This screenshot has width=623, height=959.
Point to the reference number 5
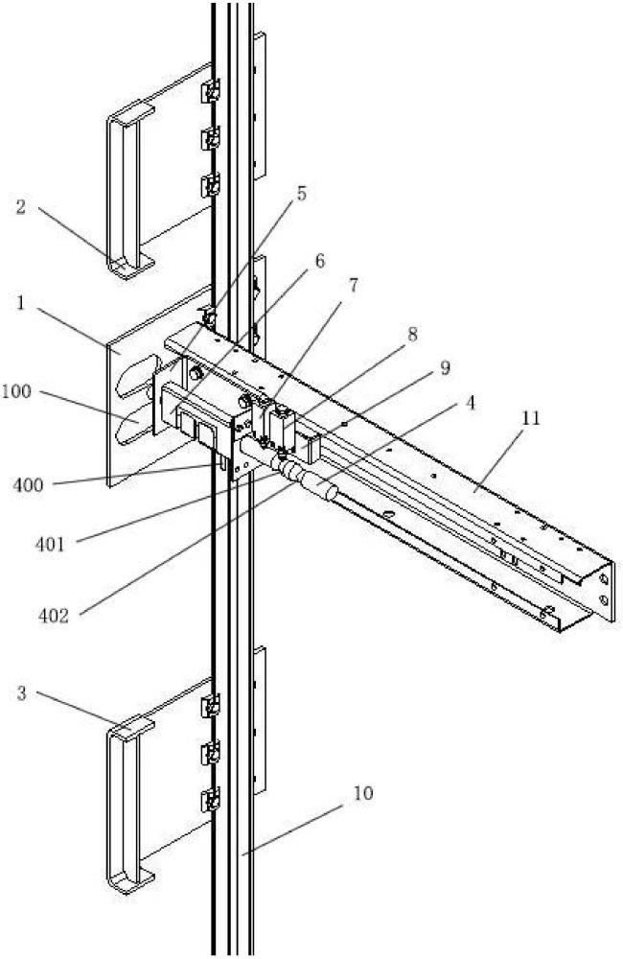click(302, 193)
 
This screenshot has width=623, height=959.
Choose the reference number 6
click(319, 260)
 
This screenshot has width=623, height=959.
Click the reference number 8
click(412, 335)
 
